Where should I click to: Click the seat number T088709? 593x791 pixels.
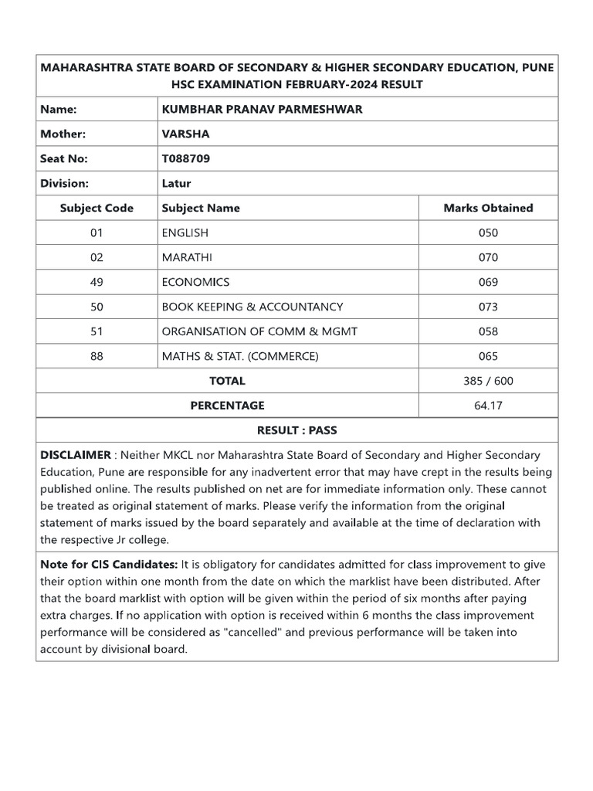click(x=185, y=158)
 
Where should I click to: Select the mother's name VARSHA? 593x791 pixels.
click(x=185, y=134)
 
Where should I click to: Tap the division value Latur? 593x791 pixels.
click(x=176, y=183)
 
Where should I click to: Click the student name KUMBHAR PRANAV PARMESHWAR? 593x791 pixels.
click(x=262, y=109)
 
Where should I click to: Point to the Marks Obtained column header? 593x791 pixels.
click(x=488, y=208)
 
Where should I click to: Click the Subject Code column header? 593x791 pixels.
click(x=97, y=208)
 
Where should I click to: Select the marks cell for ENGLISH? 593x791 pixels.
click(x=488, y=233)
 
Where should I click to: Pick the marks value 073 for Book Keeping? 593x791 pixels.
click(x=488, y=307)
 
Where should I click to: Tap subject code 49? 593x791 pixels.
click(x=97, y=282)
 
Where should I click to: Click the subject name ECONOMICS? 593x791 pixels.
click(x=195, y=282)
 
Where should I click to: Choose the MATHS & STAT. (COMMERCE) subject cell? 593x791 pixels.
click(x=239, y=356)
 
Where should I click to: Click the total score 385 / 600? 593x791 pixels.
click(x=488, y=381)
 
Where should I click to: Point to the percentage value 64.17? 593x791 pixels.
click(x=488, y=406)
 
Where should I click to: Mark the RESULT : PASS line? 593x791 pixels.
click(x=296, y=430)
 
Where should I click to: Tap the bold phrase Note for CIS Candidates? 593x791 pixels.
click(x=109, y=565)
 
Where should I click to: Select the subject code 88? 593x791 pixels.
click(x=97, y=356)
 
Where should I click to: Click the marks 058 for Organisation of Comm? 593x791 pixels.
click(x=488, y=331)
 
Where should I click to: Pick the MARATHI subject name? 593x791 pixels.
click(x=189, y=257)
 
